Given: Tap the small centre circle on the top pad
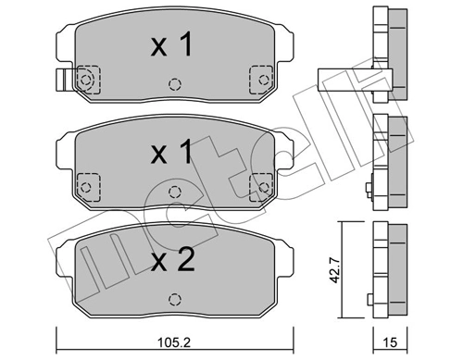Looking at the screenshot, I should [173, 85].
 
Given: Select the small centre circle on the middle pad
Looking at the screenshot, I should [173, 192].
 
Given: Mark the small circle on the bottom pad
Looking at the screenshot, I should [173, 299].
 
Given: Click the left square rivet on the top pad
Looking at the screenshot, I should [86, 80].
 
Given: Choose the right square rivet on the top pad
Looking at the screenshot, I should [260, 80].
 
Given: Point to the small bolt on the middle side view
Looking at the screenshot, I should [369, 192].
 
